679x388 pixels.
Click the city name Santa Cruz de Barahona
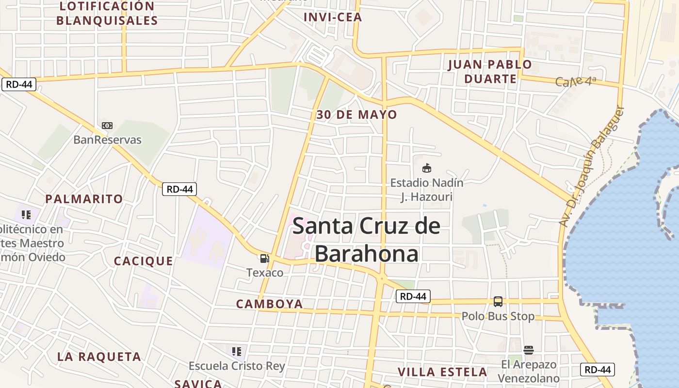pyautogui.click(x=367, y=240)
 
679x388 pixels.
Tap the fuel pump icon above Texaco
pyautogui.click(x=264, y=259)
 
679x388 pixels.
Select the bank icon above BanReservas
pyautogui.click(x=107, y=126)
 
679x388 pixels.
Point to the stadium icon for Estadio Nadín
pyautogui.click(x=427, y=168)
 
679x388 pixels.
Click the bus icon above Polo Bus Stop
pyautogui.click(x=498, y=302)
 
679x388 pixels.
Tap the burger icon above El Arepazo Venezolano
pyautogui.click(x=529, y=350)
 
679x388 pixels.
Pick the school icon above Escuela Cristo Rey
pyautogui.click(x=237, y=351)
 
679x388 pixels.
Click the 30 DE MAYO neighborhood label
pyautogui.click(x=356, y=115)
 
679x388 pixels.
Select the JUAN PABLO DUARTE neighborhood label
pyautogui.click(x=490, y=71)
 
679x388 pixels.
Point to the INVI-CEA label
pyautogui.click(x=333, y=17)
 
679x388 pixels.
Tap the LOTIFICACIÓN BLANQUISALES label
pyautogui.click(x=107, y=14)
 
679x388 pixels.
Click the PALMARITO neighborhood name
pyautogui.click(x=84, y=199)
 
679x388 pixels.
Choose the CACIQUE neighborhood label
pyautogui.click(x=144, y=261)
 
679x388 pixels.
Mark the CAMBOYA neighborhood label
pyautogui.click(x=270, y=304)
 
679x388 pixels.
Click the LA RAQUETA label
pyautogui.click(x=99, y=357)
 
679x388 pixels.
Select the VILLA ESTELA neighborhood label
pyautogui.click(x=442, y=372)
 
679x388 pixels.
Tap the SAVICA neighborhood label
pyautogui.click(x=198, y=384)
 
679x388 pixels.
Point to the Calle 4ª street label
pyautogui.click(x=575, y=81)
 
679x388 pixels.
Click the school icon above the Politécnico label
pyautogui.click(x=26, y=214)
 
